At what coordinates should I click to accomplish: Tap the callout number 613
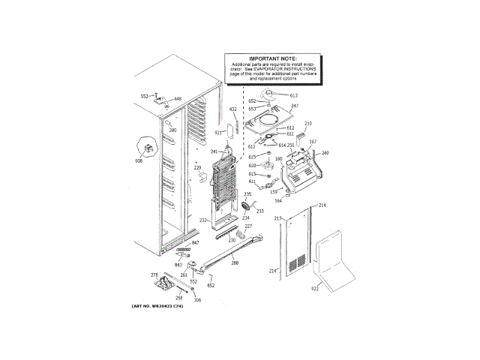(x=293, y=96)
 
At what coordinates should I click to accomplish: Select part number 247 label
(x=294, y=106)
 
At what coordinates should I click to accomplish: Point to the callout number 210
(x=307, y=123)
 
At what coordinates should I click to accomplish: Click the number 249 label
(x=325, y=153)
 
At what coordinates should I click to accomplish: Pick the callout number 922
(x=315, y=287)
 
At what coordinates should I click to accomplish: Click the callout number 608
(x=138, y=161)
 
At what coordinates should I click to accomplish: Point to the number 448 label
(x=178, y=99)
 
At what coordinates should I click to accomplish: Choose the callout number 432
(x=232, y=110)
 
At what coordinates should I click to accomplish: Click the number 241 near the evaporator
(x=214, y=151)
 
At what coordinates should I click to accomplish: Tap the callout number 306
(x=197, y=301)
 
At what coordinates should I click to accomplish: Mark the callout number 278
(x=154, y=275)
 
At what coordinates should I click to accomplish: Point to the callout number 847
(x=195, y=244)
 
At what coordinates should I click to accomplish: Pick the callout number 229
(x=198, y=168)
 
